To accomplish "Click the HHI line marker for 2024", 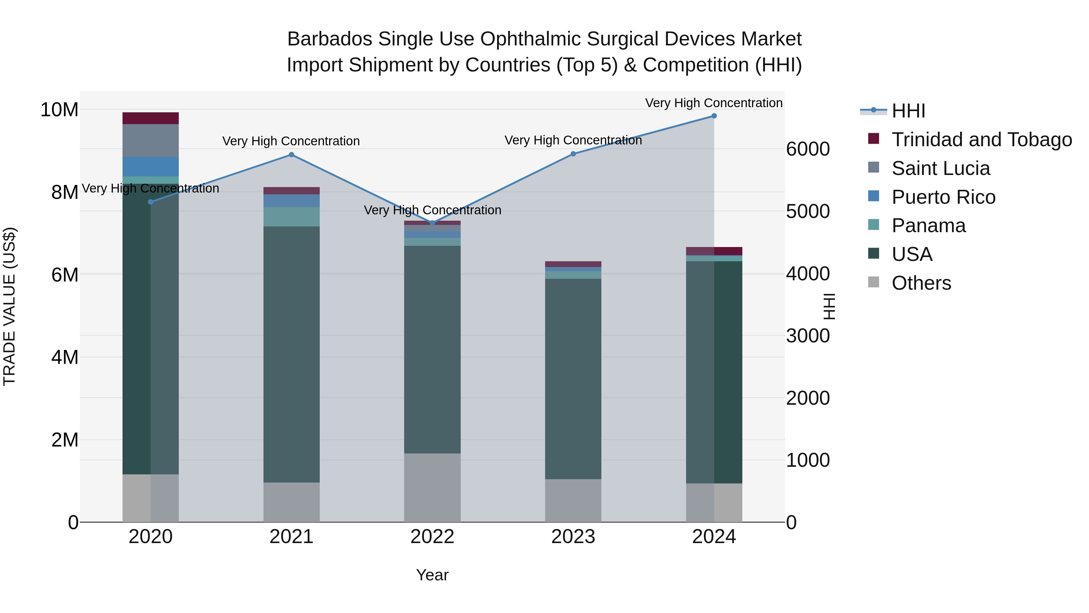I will [x=714, y=116].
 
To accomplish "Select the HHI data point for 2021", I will [x=291, y=155].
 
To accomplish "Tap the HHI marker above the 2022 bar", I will [x=432, y=223].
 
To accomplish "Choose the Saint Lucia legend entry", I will [x=940, y=168].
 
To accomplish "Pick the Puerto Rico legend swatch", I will [x=873, y=196].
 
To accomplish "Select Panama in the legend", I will [x=928, y=226].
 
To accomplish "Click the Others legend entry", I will [x=921, y=283].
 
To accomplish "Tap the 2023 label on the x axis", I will [x=573, y=537].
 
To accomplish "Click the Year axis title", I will [x=432, y=575].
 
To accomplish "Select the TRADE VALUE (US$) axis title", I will [x=9, y=306].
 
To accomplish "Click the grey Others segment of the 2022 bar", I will [x=432, y=487].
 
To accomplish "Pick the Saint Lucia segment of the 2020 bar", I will [x=151, y=140].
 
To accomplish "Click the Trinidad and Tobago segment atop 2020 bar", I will [x=151, y=118].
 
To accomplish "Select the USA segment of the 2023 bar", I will [x=573, y=379].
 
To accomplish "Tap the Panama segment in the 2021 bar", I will [x=291, y=217].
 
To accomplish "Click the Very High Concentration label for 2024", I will [x=714, y=103].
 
